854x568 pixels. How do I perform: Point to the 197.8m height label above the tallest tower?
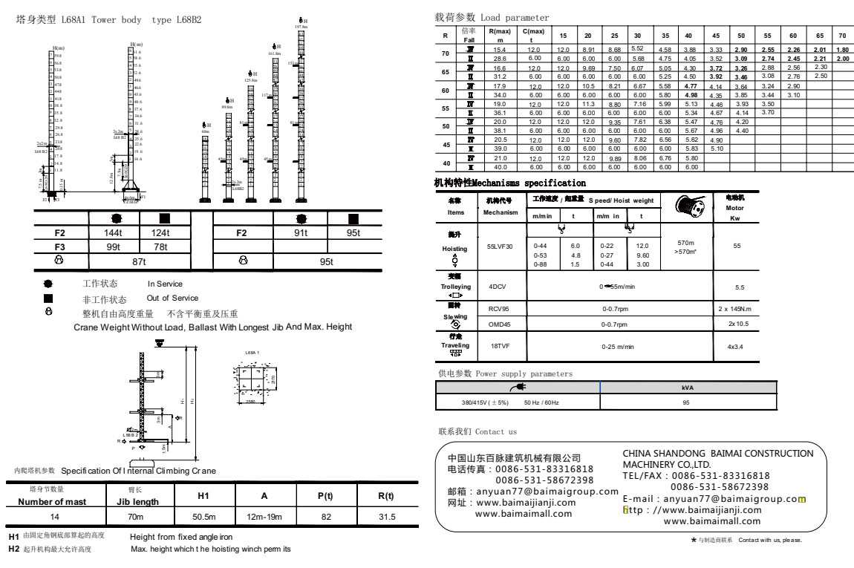tap(301, 27)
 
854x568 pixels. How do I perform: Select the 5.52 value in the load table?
tap(636, 48)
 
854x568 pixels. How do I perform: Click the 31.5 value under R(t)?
tap(386, 517)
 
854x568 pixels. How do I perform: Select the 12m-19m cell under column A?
tap(264, 517)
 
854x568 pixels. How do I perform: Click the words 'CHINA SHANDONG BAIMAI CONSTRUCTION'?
tap(717, 453)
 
